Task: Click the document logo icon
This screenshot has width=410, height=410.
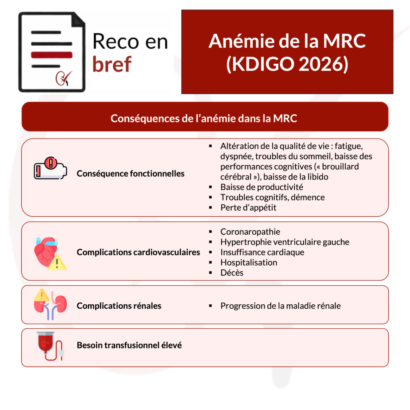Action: (x=52, y=52)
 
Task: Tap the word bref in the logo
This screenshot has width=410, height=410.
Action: (x=112, y=64)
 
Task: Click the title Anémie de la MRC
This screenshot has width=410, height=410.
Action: (x=287, y=41)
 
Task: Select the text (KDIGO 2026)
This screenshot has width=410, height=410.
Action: (x=287, y=64)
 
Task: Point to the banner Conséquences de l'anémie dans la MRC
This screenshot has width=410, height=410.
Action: (x=205, y=119)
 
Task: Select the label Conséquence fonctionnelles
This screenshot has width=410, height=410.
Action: (x=131, y=174)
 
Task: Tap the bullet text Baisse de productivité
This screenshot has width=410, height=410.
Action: (x=261, y=187)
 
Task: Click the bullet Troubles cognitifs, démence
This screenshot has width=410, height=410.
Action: (x=272, y=197)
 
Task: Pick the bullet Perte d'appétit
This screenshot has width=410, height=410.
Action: (x=248, y=208)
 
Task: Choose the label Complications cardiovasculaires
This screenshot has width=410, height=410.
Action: (x=138, y=252)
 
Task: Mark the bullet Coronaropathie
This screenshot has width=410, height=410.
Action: (x=250, y=232)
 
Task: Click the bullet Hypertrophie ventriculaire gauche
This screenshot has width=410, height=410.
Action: (x=285, y=242)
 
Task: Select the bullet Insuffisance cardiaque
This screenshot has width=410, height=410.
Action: (x=262, y=252)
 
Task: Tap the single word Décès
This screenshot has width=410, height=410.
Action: (x=232, y=273)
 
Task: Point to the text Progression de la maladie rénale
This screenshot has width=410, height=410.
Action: (x=280, y=306)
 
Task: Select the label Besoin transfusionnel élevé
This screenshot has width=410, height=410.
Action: (x=129, y=345)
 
